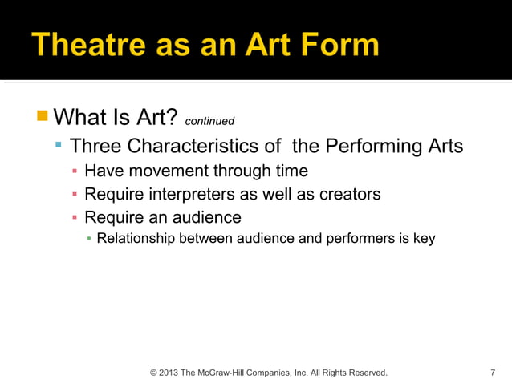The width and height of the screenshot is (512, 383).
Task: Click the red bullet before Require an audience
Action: [x=74, y=217]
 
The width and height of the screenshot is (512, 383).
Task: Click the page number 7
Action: [x=492, y=373]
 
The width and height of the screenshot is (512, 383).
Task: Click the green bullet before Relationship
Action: [x=89, y=239]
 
